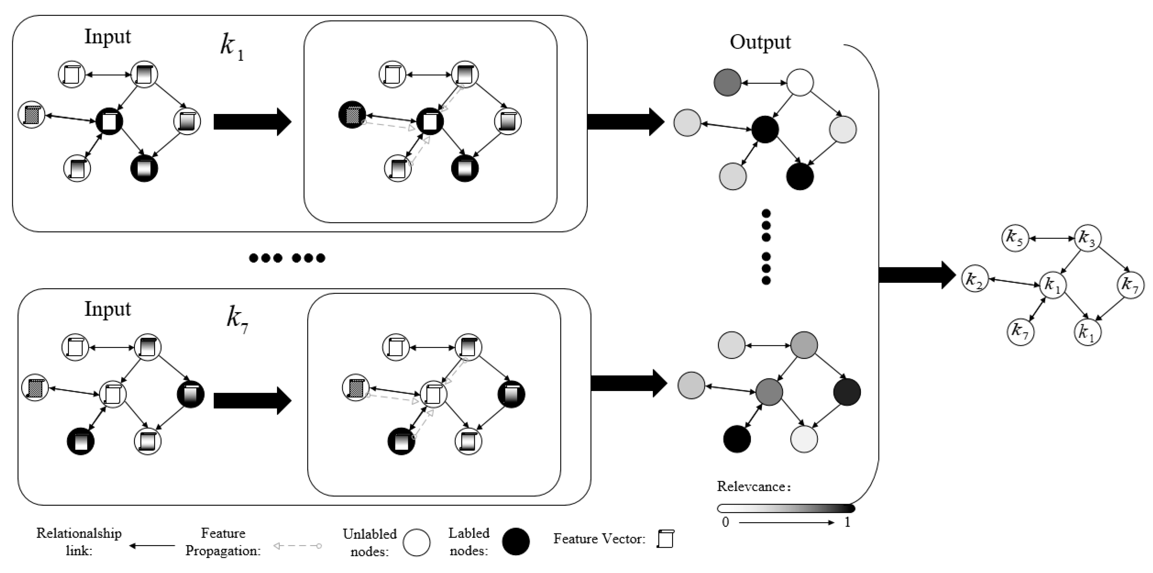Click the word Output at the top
[x=760, y=42]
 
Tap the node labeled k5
[x=1015, y=238]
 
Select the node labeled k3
[x=1088, y=238]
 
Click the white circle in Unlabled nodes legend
[x=416, y=542]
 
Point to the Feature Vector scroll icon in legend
[x=666, y=539]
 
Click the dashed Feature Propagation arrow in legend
[x=298, y=546]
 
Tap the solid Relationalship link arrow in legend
[x=152, y=546]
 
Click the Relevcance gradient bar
[x=786, y=508]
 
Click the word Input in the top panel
[x=107, y=37]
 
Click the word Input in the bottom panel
[x=107, y=310]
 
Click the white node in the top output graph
[x=800, y=82]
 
